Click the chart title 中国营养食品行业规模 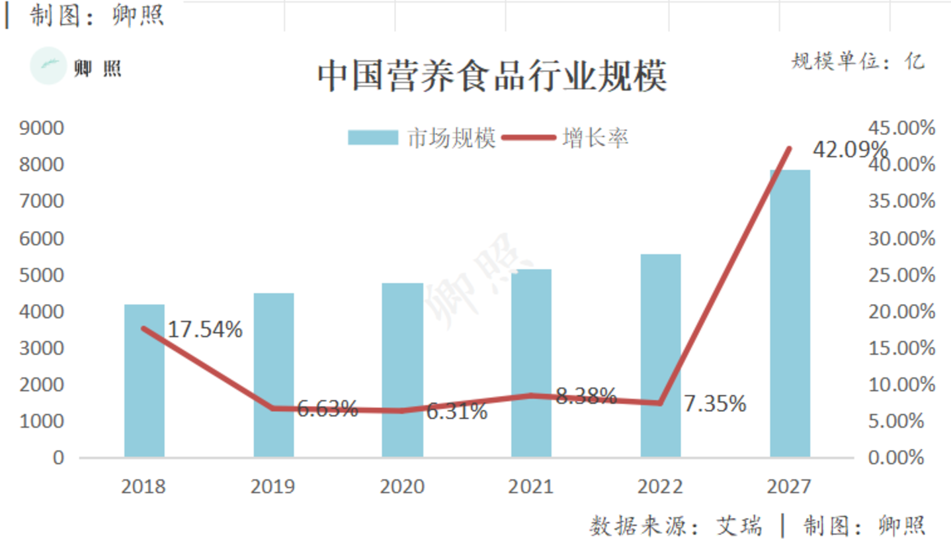(x=492, y=76)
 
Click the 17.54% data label (x=205, y=329)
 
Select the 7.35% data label (x=714, y=403)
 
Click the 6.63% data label (x=327, y=409)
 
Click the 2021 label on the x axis (x=530, y=487)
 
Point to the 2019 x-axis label (x=272, y=487)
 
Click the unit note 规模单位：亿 (x=858, y=62)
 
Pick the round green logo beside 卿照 (x=48, y=66)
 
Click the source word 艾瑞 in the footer (x=739, y=526)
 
